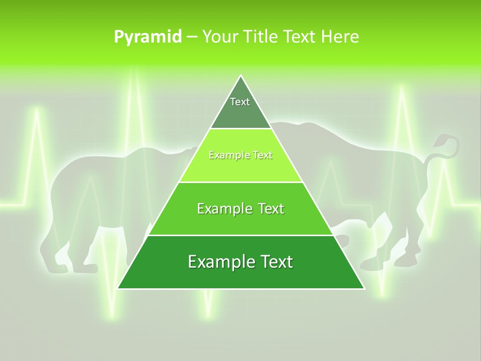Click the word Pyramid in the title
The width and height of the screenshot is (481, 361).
(x=148, y=37)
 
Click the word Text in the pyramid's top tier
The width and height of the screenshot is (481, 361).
(x=240, y=102)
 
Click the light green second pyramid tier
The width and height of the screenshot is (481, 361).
(x=241, y=168)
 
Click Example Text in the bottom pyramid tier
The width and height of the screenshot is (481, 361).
(x=241, y=262)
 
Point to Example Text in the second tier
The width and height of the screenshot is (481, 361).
(x=241, y=155)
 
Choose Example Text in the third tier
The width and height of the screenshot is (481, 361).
(x=241, y=209)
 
